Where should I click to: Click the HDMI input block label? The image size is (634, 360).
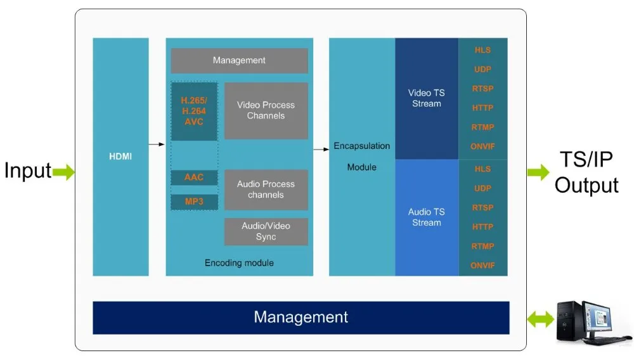coord(120,156)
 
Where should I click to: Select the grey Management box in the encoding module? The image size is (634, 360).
coord(239,61)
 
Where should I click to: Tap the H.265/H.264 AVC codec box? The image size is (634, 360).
coord(193,111)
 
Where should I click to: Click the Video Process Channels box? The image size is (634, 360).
coord(266,110)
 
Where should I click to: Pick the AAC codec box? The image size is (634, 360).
coord(193,177)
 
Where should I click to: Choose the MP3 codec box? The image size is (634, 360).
coord(193,202)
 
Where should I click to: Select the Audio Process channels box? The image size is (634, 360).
coord(266,190)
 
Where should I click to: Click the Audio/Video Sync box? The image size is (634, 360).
coord(266,231)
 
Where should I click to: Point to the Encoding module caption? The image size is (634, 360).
coord(239,262)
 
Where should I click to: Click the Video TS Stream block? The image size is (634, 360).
coord(426,98)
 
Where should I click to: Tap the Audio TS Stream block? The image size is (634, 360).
coord(426,217)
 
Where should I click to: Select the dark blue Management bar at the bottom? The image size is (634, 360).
coord(301,317)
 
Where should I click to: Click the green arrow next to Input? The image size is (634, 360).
coord(63,171)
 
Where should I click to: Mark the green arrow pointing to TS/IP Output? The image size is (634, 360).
coord(538,171)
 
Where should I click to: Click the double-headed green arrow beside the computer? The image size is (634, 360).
coord(540,319)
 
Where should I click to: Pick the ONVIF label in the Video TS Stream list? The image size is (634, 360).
coord(482,146)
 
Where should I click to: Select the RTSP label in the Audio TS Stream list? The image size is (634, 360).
coord(482,207)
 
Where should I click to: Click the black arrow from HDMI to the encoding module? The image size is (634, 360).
coord(157,145)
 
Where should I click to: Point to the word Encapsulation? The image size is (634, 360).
coord(361,146)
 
